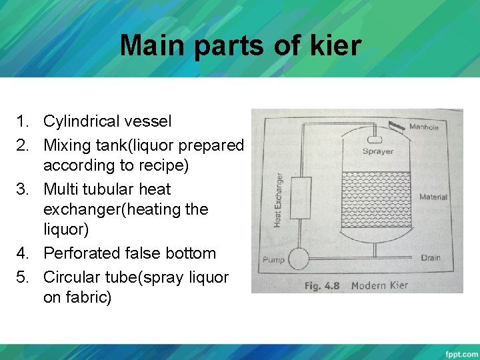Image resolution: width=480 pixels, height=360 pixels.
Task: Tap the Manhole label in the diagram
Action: [x=423, y=127]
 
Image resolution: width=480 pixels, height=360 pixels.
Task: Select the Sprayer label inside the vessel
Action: [x=377, y=151]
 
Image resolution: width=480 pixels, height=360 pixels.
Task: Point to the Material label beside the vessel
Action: [x=433, y=197]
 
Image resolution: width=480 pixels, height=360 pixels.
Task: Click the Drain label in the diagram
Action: [x=431, y=257]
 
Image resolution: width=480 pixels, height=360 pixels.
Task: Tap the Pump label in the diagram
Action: [x=273, y=259]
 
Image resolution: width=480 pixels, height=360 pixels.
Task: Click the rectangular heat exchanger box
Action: [x=300, y=198]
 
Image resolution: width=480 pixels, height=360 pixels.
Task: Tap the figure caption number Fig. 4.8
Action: [x=322, y=285]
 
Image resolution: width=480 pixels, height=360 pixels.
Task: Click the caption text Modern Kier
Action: [x=379, y=285]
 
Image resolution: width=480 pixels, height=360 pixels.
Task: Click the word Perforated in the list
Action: [x=82, y=253]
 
